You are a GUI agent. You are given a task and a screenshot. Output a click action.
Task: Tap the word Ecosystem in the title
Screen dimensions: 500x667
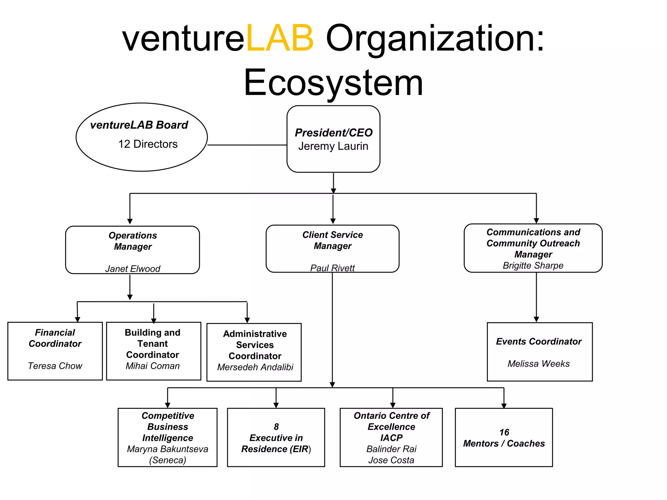point(333,83)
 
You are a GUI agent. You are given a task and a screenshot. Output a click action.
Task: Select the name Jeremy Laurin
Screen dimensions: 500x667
point(333,146)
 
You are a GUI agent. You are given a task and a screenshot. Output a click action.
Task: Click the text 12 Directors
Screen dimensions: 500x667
point(148,144)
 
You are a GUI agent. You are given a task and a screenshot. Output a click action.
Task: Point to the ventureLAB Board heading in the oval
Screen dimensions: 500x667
point(139,125)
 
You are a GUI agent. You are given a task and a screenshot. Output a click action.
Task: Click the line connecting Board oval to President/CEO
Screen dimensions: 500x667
point(247,145)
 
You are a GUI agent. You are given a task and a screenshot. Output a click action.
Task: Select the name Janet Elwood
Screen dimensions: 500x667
point(133,269)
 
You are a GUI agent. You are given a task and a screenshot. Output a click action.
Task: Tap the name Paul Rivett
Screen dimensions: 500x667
point(332,268)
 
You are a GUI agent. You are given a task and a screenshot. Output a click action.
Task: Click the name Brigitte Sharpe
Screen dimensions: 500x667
point(533,265)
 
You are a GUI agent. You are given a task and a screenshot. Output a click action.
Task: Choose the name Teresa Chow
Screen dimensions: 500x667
point(55,366)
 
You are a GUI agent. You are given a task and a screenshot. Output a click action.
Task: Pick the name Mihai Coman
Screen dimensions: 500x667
point(152,366)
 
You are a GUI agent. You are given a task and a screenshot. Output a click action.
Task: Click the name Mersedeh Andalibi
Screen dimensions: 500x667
point(255,367)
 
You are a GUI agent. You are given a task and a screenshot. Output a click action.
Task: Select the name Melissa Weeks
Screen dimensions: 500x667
point(539,364)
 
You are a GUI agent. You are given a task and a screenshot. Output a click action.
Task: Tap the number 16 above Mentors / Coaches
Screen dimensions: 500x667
point(504,432)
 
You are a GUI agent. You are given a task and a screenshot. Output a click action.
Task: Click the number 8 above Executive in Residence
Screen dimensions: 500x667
point(276,427)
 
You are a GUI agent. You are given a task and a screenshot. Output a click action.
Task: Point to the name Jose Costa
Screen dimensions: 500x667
point(391,460)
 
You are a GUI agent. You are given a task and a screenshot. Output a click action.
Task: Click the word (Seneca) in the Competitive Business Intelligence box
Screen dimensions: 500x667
point(167,460)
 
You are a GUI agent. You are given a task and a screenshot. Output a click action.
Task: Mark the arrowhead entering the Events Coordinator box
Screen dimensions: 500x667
point(536,319)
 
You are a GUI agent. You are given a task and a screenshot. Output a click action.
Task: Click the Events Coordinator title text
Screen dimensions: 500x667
point(539,341)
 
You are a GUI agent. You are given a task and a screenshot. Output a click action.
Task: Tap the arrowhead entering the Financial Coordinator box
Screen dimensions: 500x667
point(78,319)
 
